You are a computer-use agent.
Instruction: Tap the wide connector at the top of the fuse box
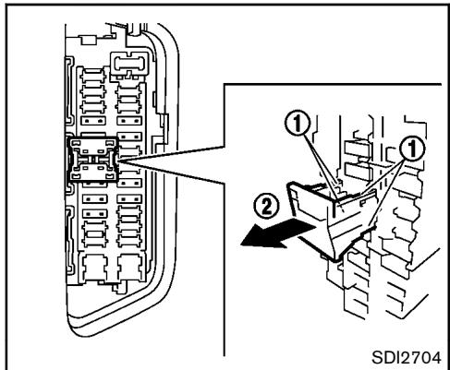[129, 64]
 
